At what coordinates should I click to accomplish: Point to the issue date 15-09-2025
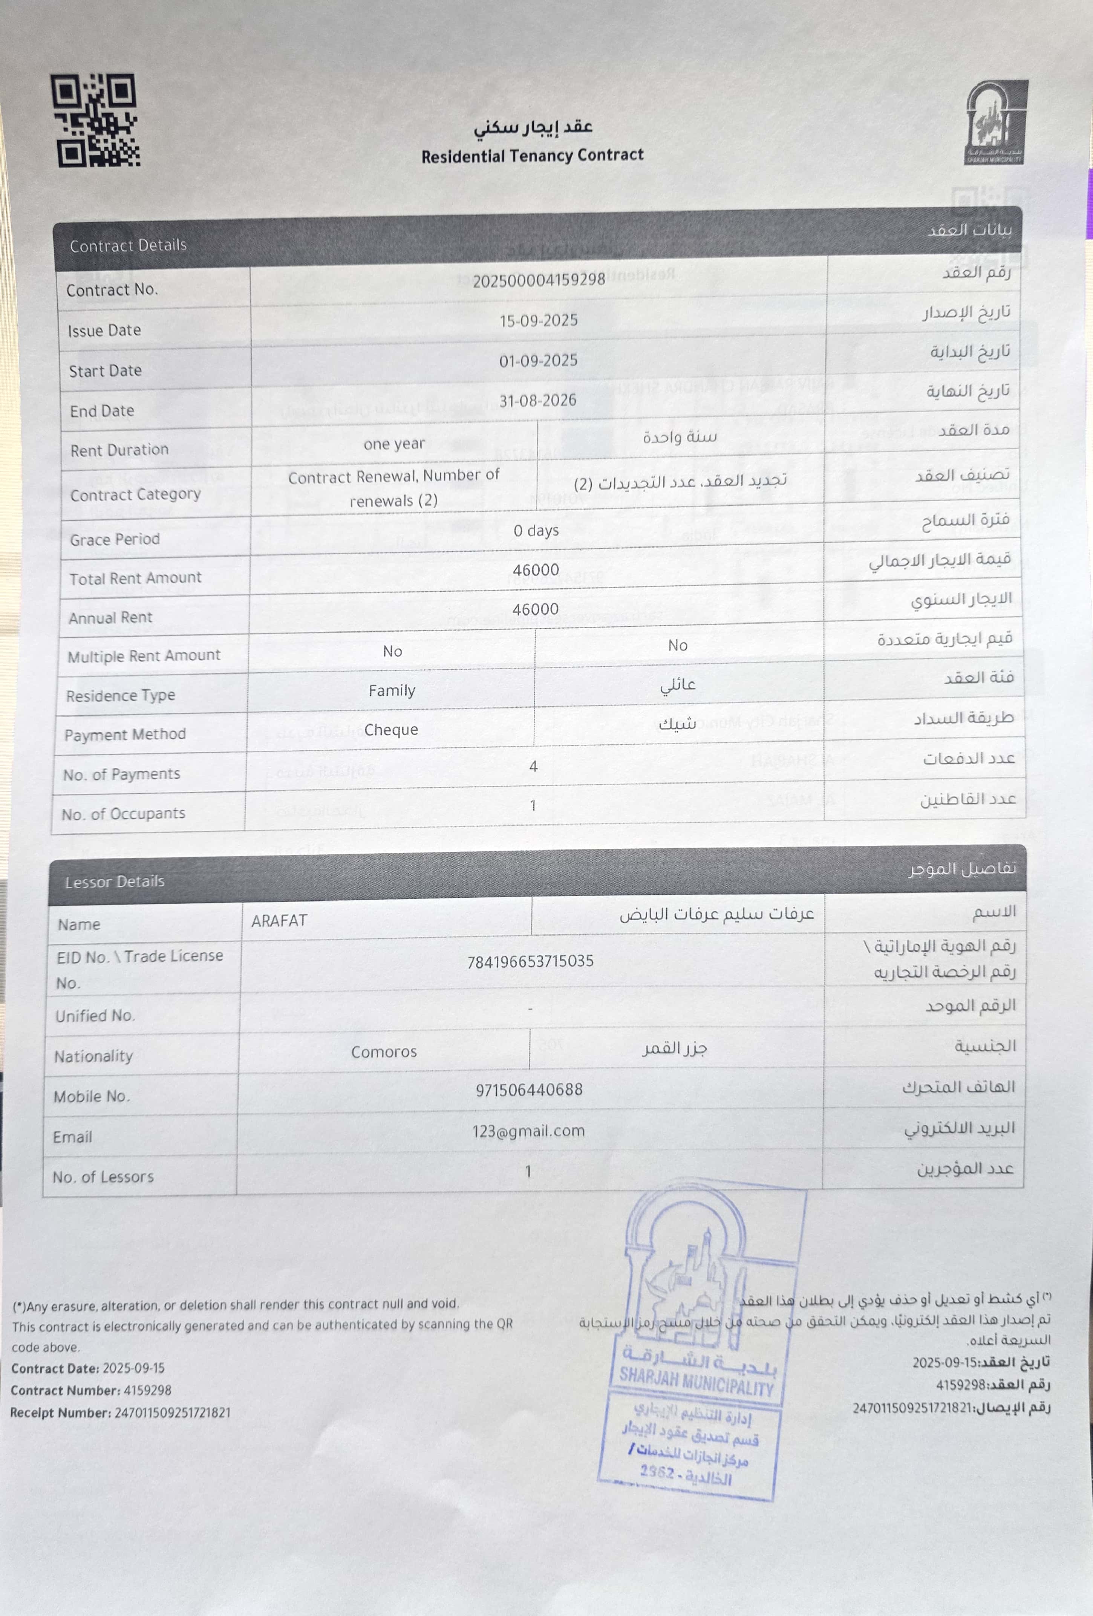pos(538,321)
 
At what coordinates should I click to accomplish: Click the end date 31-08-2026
pos(537,401)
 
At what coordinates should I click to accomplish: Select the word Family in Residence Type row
pos(392,690)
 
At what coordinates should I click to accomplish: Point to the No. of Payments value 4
pos(533,766)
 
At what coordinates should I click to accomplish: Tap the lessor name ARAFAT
pos(279,921)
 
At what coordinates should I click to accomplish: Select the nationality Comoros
pos(384,1052)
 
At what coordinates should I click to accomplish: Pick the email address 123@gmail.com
pos(528,1131)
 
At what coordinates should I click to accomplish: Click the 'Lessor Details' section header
pos(115,882)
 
